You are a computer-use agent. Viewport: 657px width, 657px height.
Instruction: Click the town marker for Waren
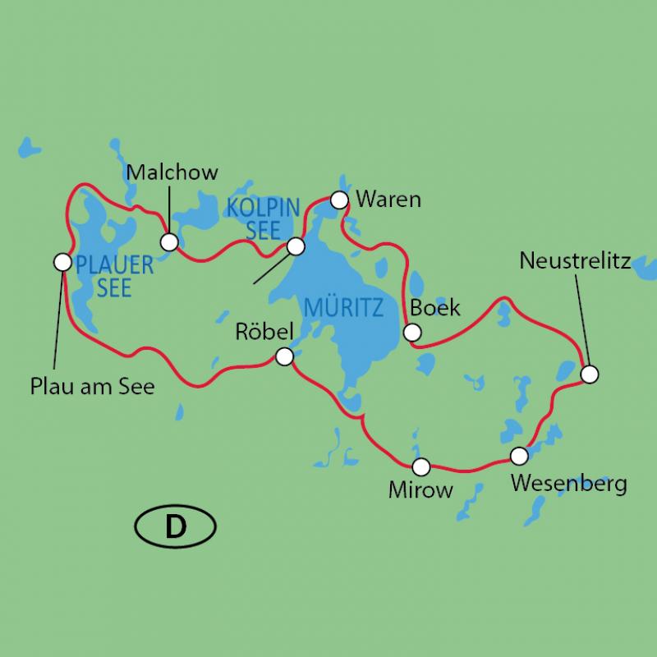pos(338,200)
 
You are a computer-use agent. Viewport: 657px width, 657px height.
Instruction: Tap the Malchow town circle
pos(169,241)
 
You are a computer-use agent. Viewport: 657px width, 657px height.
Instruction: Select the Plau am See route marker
pos(62,262)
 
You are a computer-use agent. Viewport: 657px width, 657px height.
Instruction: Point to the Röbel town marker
pos(284,356)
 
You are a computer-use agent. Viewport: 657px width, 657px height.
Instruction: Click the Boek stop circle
pos(412,333)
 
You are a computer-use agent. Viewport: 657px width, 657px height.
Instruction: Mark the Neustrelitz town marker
pos(589,374)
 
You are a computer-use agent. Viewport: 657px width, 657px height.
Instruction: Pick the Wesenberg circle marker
pos(518,455)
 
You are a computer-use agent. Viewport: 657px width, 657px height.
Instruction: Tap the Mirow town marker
pos(420,467)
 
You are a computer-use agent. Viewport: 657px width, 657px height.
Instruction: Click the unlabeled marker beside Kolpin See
pos(296,246)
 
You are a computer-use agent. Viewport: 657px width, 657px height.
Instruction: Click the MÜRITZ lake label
pos(343,309)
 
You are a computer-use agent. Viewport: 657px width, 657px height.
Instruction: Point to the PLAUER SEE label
pos(114,276)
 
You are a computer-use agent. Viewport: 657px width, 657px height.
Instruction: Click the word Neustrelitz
pos(575,261)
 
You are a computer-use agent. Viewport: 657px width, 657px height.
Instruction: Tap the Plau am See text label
pos(92,386)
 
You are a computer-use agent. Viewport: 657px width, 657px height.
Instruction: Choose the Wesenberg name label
pos(568,482)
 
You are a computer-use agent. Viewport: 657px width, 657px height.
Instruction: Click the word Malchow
pos(172,172)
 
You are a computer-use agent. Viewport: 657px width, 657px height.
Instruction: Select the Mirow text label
pos(421,491)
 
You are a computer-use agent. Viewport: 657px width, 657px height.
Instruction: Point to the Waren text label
pos(390,200)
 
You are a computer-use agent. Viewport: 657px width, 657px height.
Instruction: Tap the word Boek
pos(434,309)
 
